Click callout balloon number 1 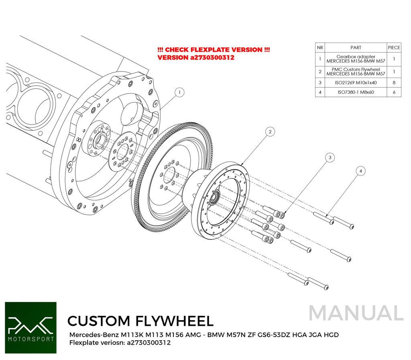tap(180, 92)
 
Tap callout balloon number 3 tap(330, 158)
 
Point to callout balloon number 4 tap(360, 171)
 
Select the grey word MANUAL tap(356, 313)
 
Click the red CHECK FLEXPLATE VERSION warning tap(214, 50)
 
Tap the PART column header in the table tap(356, 47)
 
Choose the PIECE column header tap(394, 47)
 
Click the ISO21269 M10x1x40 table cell tap(356, 82)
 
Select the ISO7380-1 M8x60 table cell tap(356, 92)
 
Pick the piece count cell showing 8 tap(394, 82)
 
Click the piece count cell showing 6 tap(394, 92)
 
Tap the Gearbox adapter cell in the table tap(356, 59)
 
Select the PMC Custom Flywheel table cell tap(356, 72)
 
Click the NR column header tap(320, 47)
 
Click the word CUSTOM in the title tap(98, 321)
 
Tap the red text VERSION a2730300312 tap(196, 58)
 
